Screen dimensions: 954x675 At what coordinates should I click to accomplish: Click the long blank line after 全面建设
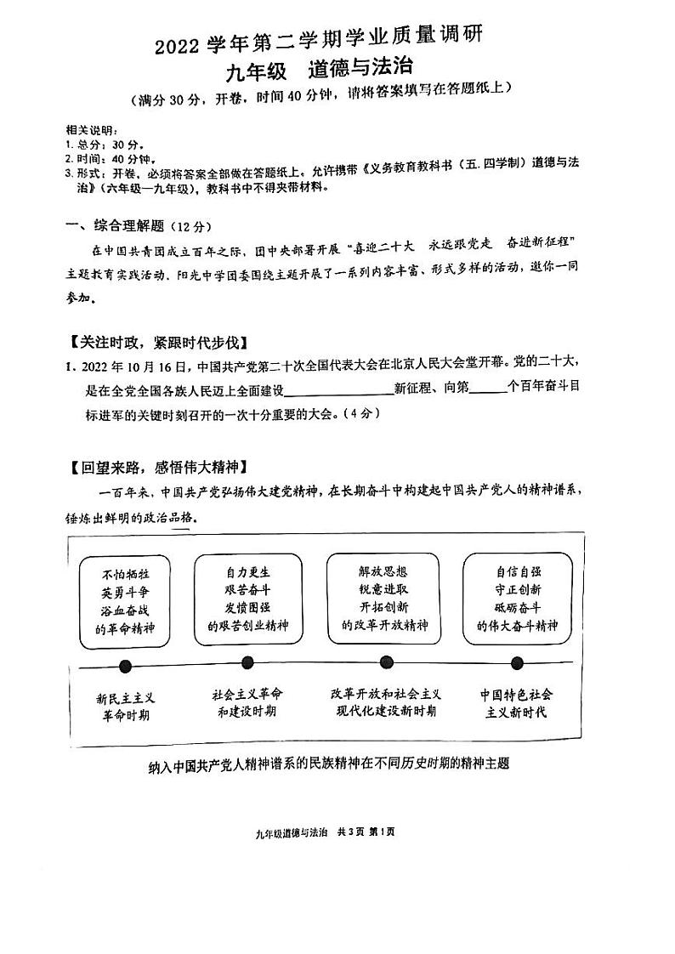point(338,390)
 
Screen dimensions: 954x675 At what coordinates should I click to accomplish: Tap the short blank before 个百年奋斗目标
point(487,390)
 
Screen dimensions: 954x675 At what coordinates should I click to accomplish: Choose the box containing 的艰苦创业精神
point(248,599)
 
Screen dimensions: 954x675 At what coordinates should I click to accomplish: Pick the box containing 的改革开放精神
point(383,599)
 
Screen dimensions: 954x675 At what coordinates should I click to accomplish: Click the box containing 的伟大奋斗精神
point(518,599)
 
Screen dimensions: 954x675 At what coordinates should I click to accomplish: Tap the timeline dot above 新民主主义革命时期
point(126,666)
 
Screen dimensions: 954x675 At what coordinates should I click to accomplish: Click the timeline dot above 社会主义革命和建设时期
point(247,663)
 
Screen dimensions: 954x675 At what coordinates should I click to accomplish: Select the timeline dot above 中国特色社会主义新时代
point(517,663)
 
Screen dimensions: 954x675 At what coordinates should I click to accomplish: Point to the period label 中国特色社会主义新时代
point(517,703)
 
